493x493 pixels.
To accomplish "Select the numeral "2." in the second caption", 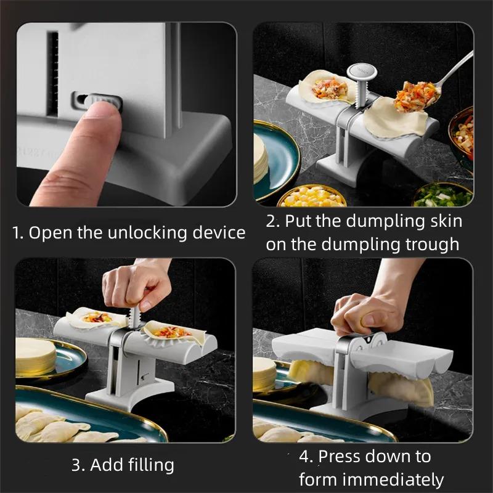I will pyautogui.click(x=274, y=221).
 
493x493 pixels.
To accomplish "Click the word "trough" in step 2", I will pyautogui.click(x=431, y=244).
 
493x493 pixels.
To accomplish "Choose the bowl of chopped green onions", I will pyautogui.click(x=442, y=195).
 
